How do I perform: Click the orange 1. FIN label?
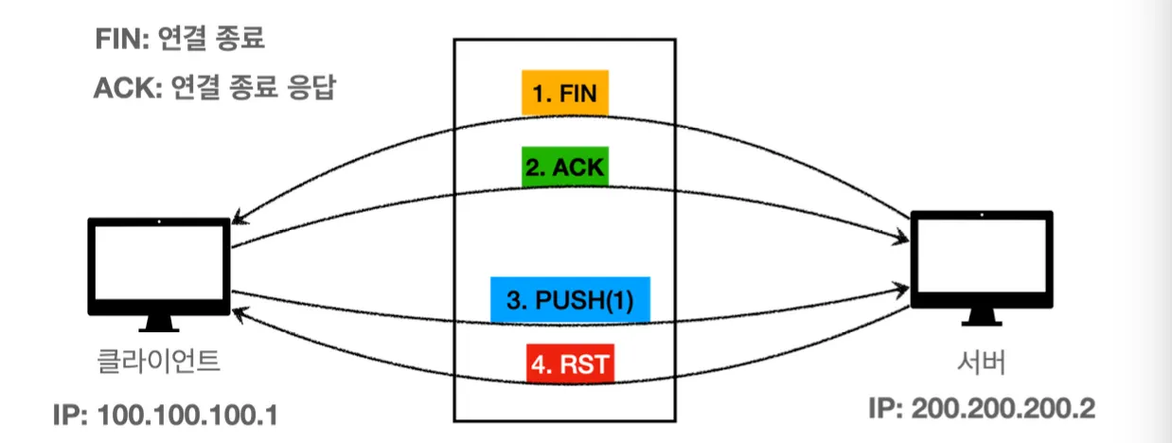pos(564,94)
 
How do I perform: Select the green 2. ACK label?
pos(564,167)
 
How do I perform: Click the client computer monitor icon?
pos(159,266)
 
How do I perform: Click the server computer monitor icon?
pos(983,260)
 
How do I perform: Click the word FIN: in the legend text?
pos(122,39)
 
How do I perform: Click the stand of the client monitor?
pos(159,322)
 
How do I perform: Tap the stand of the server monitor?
pos(983,318)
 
